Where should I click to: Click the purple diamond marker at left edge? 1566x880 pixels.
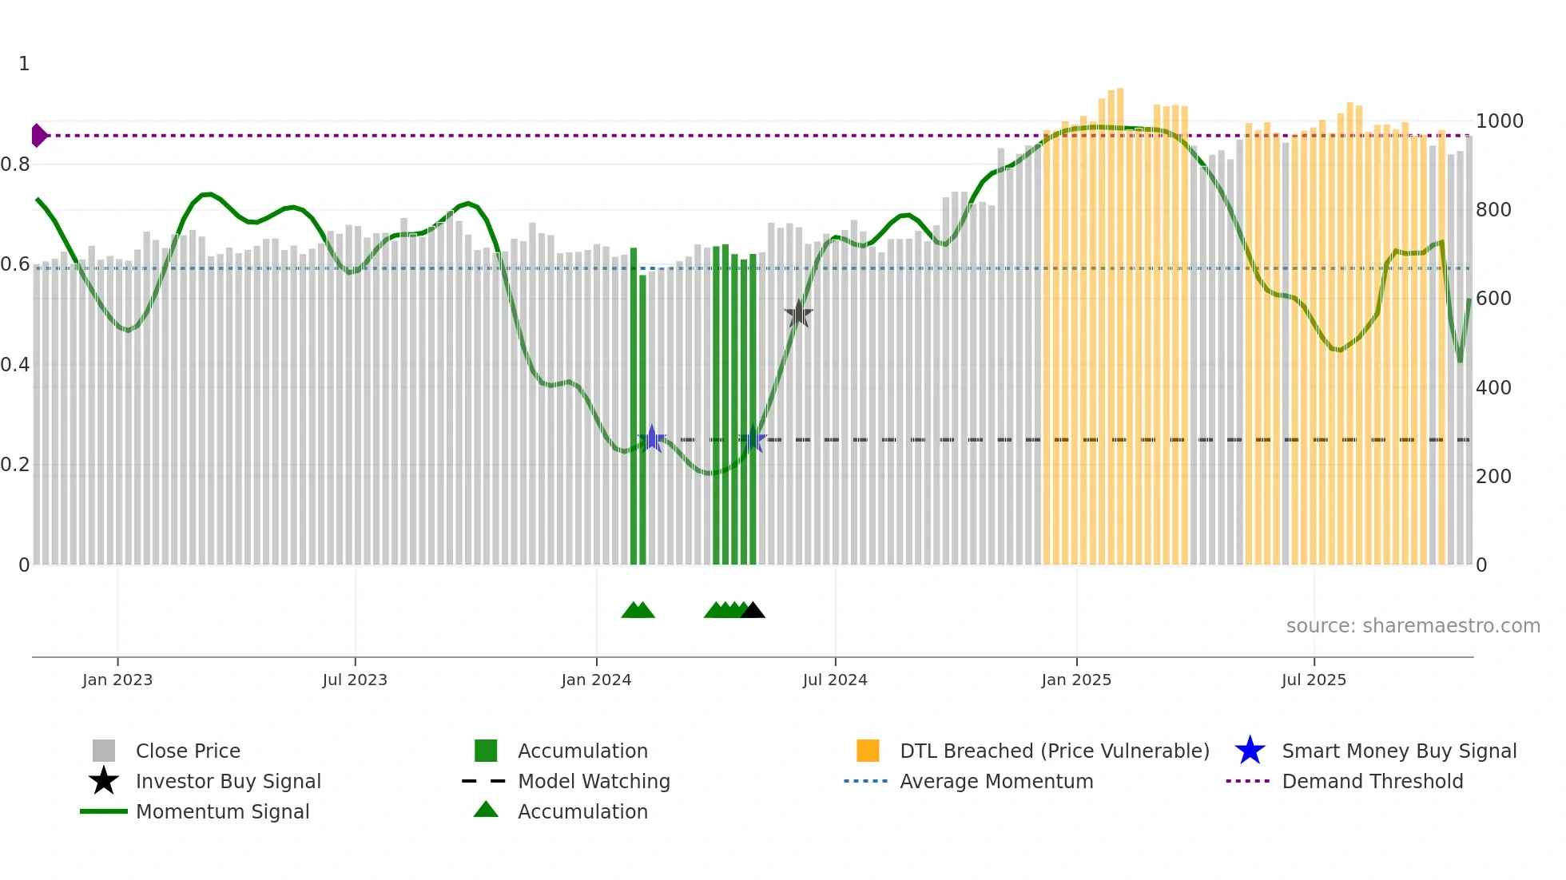pyautogui.click(x=38, y=136)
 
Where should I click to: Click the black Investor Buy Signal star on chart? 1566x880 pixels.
pyautogui.click(x=798, y=314)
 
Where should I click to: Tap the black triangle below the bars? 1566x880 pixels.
pyautogui.click(x=753, y=611)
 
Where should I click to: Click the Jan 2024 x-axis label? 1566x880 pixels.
pyautogui.click(x=596, y=680)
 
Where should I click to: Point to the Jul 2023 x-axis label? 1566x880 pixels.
pyautogui.click(x=355, y=680)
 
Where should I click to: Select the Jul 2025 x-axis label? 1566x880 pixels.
pyautogui.click(x=1314, y=680)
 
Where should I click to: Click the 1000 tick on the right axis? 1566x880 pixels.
pyautogui.click(x=1499, y=121)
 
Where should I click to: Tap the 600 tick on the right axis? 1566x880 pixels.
pyautogui.click(x=1492, y=299)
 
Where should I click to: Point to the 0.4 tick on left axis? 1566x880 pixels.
pyautogui.click(x=16, y=365)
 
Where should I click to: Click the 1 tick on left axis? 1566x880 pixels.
pyautogui.click(x=24, y=64)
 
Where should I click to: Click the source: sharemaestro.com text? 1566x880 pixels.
pyautogui.click(x=1413, y=626)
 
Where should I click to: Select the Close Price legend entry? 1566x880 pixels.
pyautogui.click(x=188, y=751)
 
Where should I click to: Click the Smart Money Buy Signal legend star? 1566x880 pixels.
pyautogui.click(x=1250, y=751)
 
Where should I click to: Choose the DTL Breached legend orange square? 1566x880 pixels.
pyautogui.click(x=868, y=751)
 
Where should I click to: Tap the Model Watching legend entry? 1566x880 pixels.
pyautogui.click(x=594, y=781)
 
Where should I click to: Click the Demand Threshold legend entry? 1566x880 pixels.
pyautogui.click(x=1372, y=781)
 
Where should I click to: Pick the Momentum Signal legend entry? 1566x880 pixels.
pyautogui.click(x=222, y=811)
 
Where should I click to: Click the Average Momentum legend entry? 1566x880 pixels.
pyautogui.click(x=996, y=781)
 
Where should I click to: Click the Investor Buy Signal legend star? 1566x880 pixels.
pyautogui.click(x=104, y=781)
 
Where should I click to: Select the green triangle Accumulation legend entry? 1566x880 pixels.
pyautogui.click(x=486, y=810)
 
